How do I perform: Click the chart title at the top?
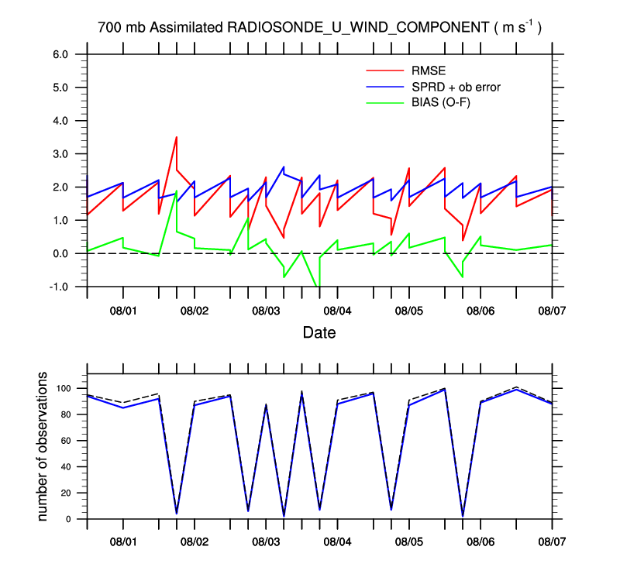tap(319, 27)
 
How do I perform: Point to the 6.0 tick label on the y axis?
tap(60, 54)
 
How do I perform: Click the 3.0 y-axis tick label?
tap(60, 154)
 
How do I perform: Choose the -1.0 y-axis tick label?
tap(59, 287)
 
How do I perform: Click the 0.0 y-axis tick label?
tap(60, 253)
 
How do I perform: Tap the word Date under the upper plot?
tap(319, 333)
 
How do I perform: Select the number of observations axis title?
tap(43, 446)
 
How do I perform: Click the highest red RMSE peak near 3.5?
tap(177, 137)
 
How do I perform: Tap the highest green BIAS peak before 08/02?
tap(177, 191)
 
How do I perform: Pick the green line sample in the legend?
tap(384, 102)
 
